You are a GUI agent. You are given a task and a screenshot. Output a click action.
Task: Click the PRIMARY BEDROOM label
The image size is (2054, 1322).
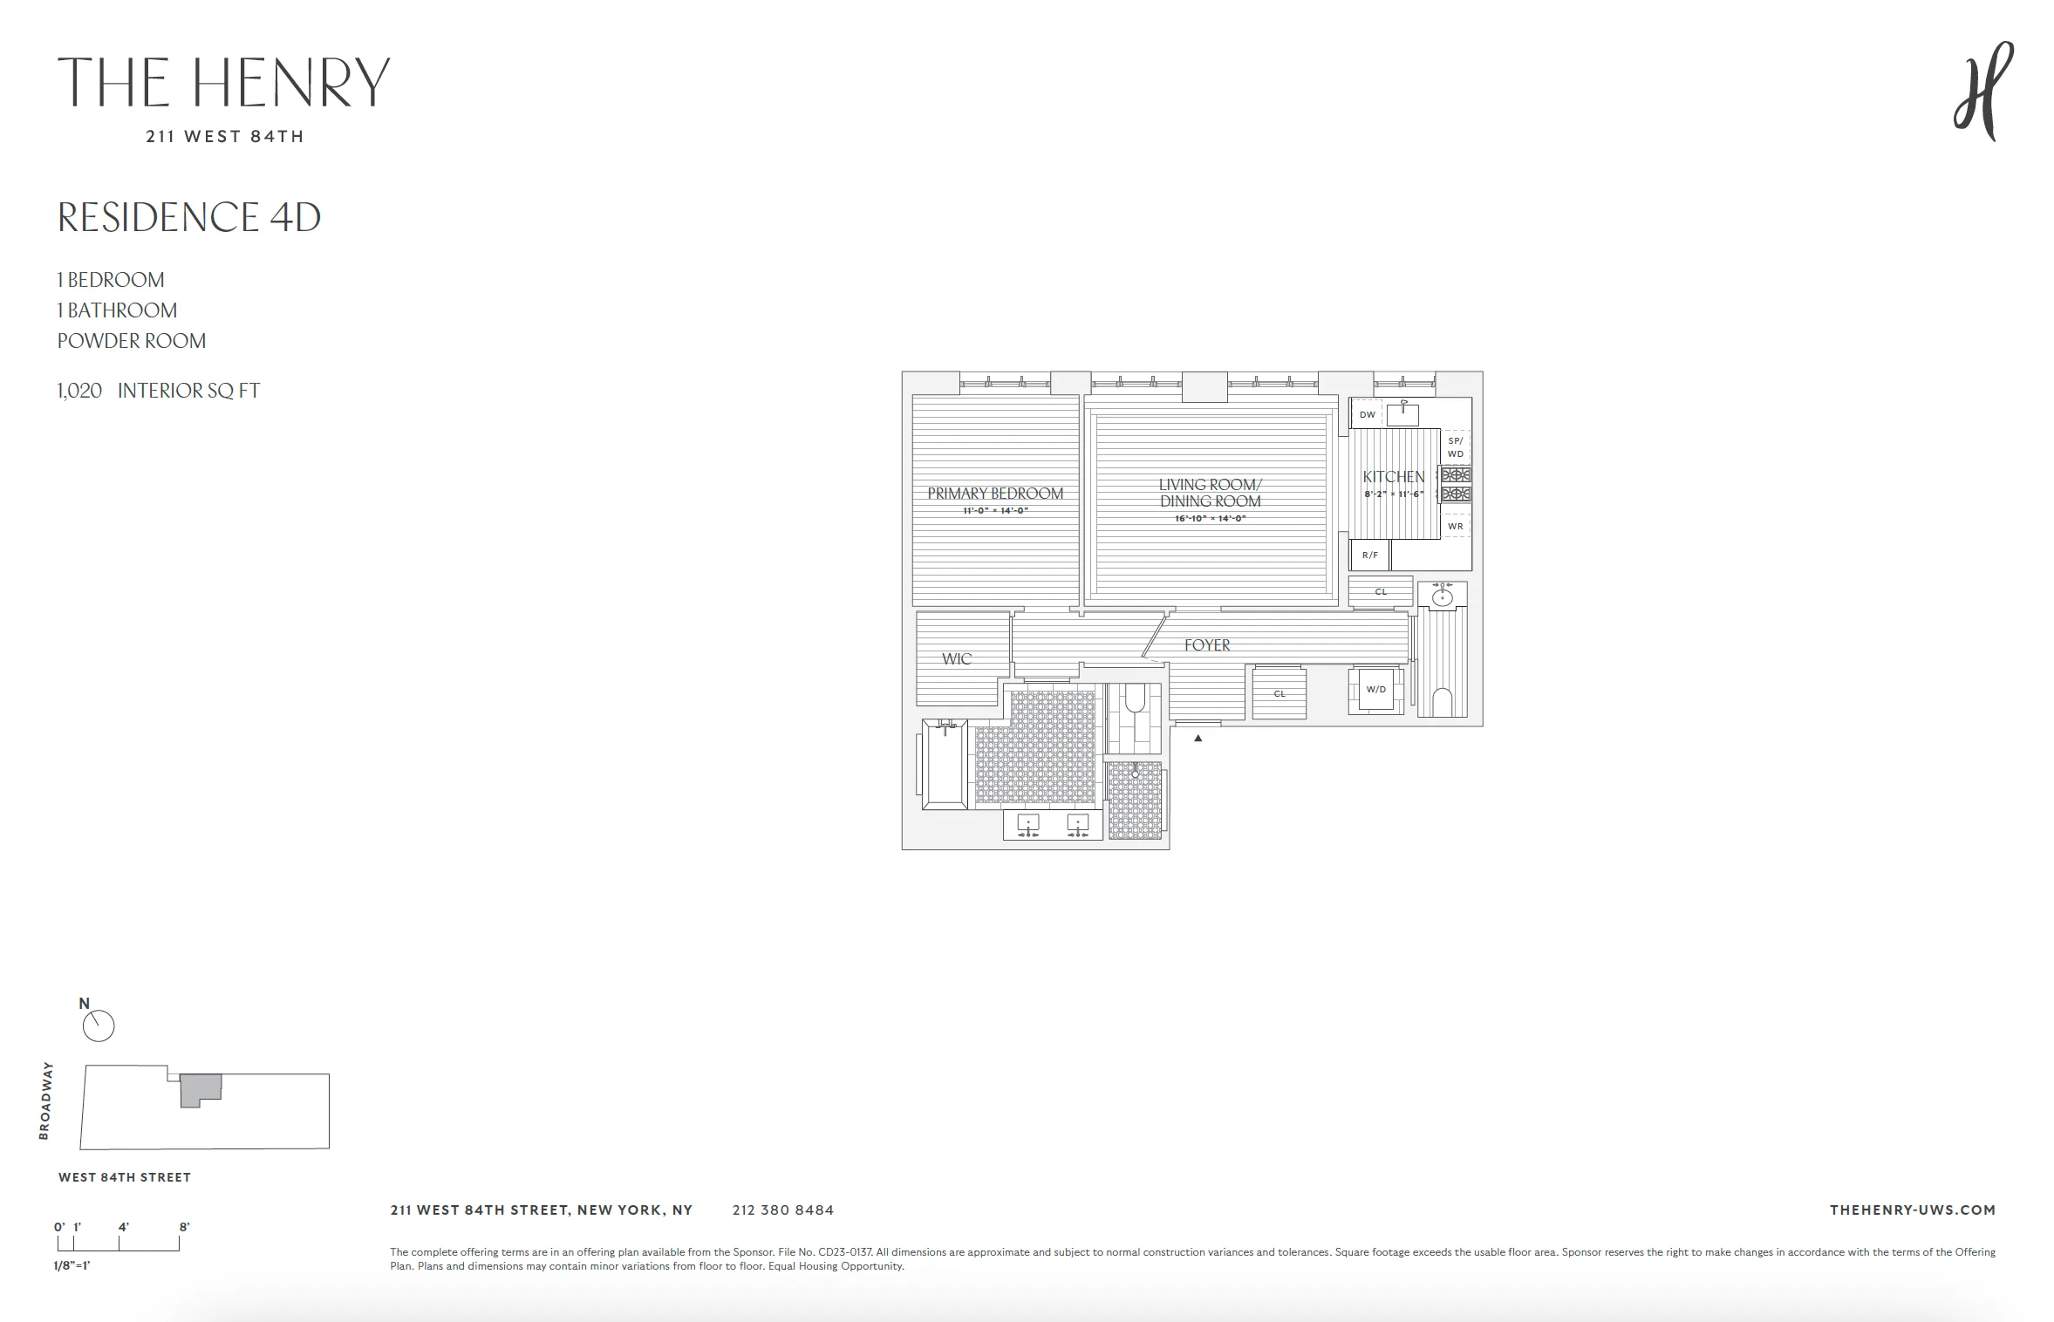tap(995, 494)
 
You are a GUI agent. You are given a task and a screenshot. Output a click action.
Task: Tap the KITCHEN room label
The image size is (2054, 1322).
tap(1393, 477)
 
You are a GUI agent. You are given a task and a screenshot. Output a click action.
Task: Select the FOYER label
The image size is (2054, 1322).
tap(1207, 645)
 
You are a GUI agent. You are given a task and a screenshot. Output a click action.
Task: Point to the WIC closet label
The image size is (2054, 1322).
tap(956, 659)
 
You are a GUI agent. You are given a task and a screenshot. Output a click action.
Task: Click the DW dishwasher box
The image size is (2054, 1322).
tap(1367, 415)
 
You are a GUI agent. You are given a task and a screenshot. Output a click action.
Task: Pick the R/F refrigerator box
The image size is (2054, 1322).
tap(1369, 555)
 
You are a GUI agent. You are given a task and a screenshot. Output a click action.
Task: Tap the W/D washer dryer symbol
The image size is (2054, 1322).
tap(1376, 690)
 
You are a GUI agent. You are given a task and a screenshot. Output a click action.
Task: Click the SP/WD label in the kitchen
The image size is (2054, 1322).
tap(1455, 447)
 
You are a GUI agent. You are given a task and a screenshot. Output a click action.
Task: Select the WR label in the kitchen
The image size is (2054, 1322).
tap(1455, 527)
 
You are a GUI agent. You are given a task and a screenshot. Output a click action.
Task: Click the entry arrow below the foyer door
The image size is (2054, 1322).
tap(1198, 738)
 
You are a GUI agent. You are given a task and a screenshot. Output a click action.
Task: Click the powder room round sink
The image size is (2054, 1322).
tap(1443, 596)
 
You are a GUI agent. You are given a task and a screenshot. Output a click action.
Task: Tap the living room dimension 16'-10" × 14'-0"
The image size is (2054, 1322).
tap(1210, 519)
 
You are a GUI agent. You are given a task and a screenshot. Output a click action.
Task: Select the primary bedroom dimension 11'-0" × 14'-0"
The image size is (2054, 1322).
tap(995, 511)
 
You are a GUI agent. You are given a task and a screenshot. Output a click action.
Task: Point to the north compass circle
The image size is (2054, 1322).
tap(99, 1026)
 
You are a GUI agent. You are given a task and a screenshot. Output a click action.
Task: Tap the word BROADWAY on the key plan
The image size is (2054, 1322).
tap(46, 1101)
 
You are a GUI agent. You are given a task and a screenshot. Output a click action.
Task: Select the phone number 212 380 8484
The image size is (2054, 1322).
tap(782, 1210)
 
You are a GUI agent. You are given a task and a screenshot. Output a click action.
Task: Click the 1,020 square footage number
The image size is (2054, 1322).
tap(79, 391)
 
